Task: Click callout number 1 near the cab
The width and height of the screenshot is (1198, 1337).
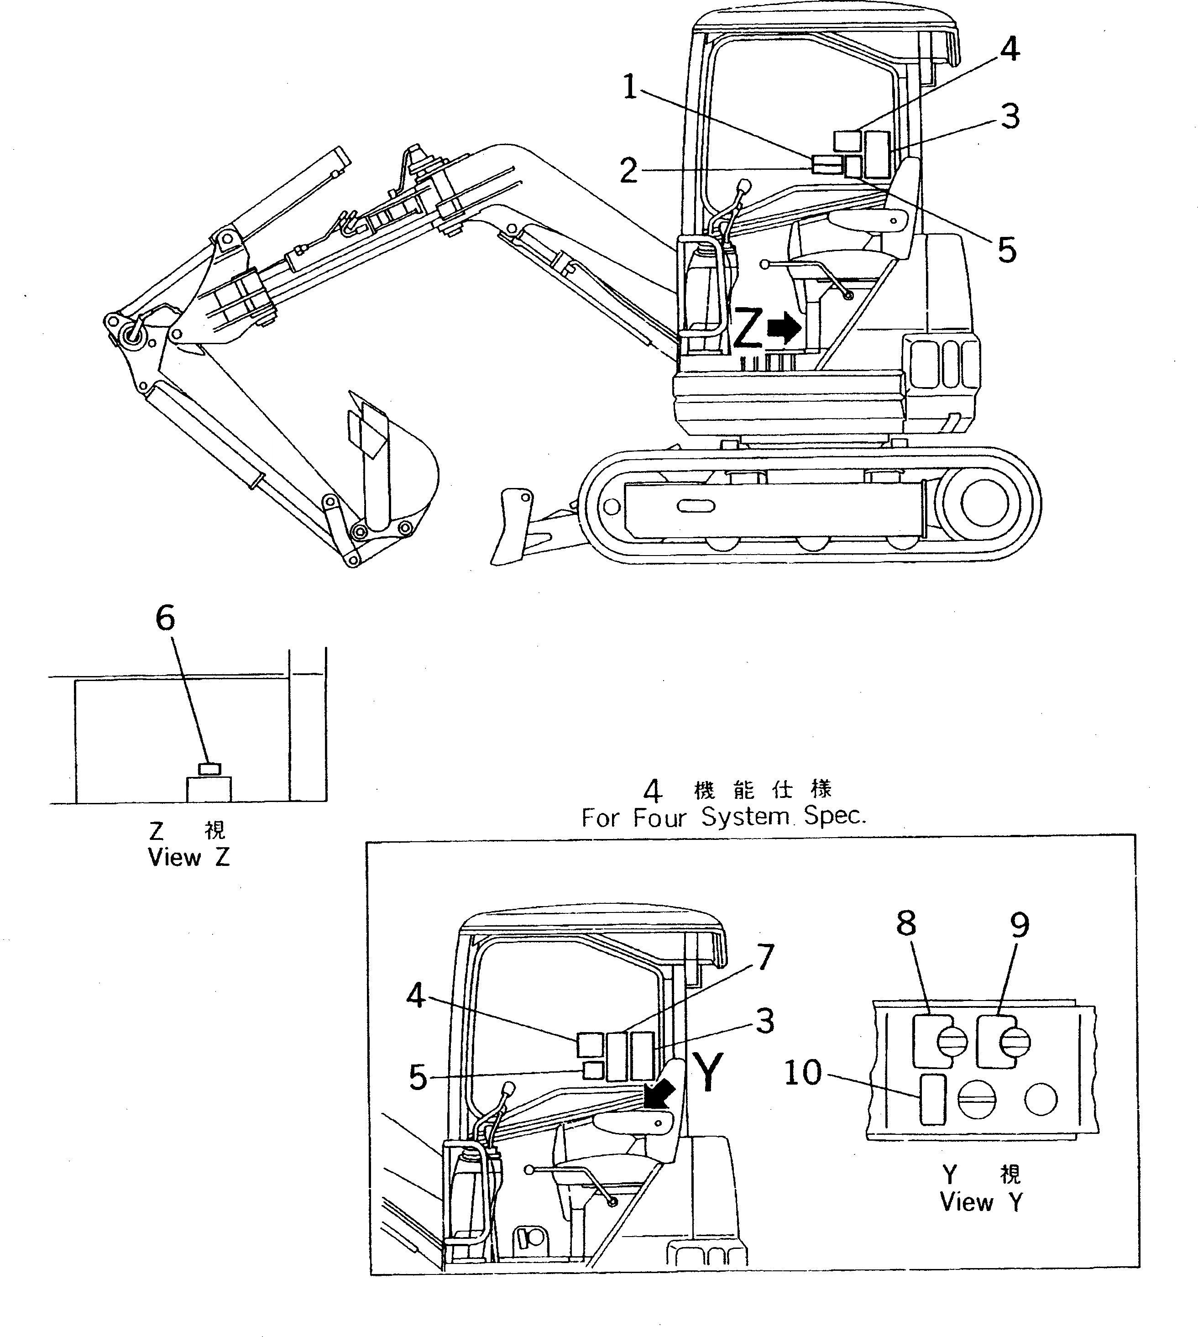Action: [x=630, y=87]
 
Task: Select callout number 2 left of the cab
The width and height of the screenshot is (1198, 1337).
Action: [x=628, y=171]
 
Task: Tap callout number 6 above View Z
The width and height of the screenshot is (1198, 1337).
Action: [x=165, y=618]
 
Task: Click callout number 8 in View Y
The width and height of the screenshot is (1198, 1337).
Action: [x=906, y=923]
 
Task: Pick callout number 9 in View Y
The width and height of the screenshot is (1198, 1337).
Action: [x=1019, y=925]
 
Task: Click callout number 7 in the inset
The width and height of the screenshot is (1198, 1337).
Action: [x=765, y=957]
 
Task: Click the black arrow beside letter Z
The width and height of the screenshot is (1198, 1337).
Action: [x=783, y=328]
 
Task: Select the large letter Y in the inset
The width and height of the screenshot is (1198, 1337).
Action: [x=708, y=1072]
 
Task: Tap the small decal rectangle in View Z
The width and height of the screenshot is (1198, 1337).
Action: [x=209, y=768]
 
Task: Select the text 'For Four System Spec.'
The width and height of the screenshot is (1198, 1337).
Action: [x=723, y=817]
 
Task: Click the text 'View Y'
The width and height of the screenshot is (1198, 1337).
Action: [x=981, y=1201]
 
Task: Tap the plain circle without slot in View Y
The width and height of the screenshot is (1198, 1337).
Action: [x=1041, y=1099]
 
